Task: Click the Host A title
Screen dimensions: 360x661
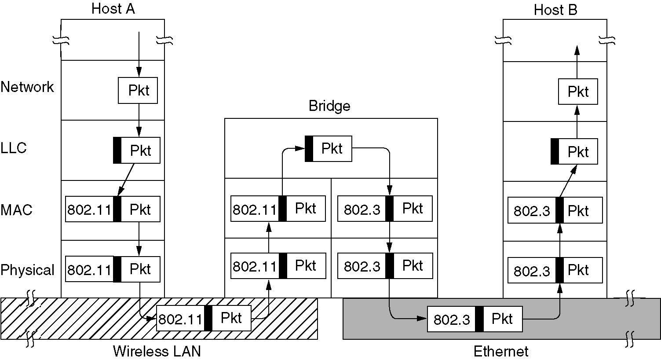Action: tap(113, 9)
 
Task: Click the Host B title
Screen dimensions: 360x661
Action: tap(555, 10)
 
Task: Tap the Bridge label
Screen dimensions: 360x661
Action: tap(329, 106)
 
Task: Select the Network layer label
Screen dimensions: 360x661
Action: tap(27, 87)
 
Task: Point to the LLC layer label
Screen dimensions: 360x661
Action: tap(14, 148)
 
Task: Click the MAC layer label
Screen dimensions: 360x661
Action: tap(16, 210)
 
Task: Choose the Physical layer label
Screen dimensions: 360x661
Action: tap(27, 270)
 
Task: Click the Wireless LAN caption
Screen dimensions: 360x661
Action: tap(157, 351)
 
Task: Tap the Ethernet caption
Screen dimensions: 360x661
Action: tap(501, 351)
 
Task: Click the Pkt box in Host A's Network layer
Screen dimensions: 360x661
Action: tap(138, 91)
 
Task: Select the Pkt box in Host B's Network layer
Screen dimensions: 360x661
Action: tap(578, 92)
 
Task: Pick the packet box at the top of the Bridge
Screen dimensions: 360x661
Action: tap(329, 149)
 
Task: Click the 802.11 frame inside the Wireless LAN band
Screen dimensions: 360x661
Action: tap(204, 318)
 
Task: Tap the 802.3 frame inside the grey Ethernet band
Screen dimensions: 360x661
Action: tap(475, 319)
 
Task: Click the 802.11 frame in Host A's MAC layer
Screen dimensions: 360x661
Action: tap(113, 209)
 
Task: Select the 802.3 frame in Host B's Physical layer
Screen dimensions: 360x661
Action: tap(555, 270)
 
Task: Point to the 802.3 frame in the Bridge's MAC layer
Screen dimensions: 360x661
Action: tap(385, 209)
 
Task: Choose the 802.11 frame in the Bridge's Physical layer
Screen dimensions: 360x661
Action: tap(278, 266)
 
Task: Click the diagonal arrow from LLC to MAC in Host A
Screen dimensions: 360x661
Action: tap(126, 180)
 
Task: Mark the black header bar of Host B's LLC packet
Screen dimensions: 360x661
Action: tap(555, 151)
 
